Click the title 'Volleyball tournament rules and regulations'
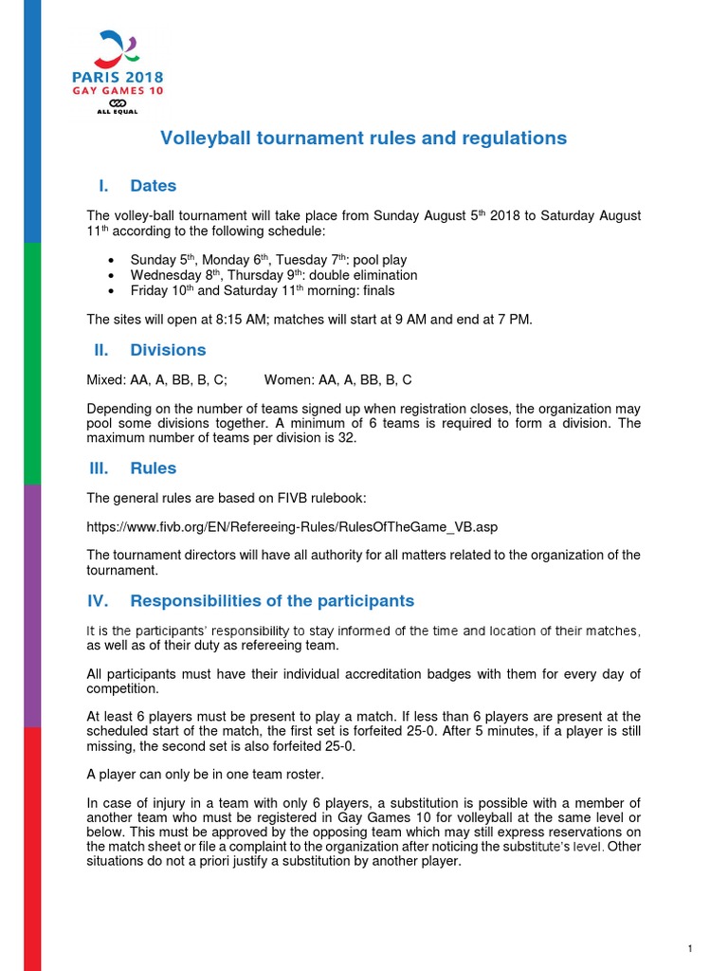pos(363,138)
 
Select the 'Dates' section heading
pos(154,186)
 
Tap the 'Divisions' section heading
pos(168,350)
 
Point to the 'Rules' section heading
pos(154,468)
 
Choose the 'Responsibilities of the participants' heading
pos(272,601)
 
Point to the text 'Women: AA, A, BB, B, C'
pos(337,380)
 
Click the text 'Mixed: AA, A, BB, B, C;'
pos(157,380)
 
